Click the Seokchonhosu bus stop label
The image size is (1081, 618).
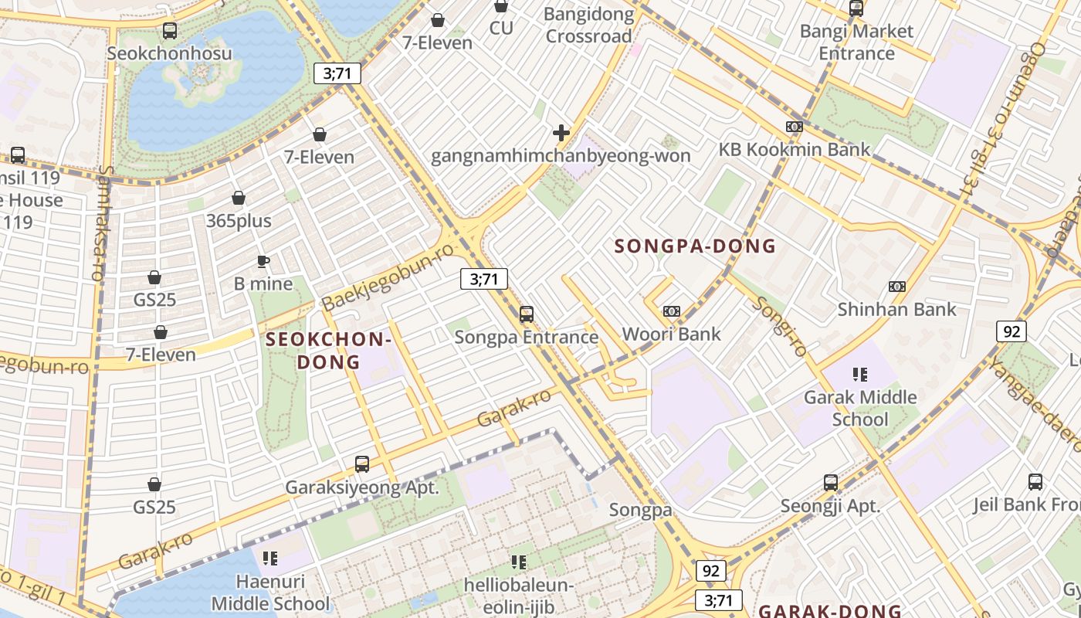point(169,53)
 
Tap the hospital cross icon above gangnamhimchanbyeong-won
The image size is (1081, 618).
point(561,133)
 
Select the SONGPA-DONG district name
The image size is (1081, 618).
point(695,246)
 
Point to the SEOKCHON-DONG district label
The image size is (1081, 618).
point(329,350)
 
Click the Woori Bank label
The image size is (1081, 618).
point(671,334)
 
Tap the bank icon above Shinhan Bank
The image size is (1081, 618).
point(896,287)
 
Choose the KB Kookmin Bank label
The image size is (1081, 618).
point(795,149)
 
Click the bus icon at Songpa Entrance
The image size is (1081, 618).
point(527,314)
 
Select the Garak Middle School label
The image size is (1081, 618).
point(860,408)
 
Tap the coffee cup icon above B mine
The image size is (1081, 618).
point(263,261)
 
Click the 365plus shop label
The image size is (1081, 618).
point(239,221)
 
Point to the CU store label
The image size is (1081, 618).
point(501,28)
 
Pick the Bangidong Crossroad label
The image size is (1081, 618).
point(588,25)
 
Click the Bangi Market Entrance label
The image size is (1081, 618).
point(856,42)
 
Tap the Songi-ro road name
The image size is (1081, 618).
point(781,326)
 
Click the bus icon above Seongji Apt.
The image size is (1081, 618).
point(831,483)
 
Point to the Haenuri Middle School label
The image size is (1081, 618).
point(270,592)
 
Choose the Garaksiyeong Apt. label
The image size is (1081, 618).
point(362,487)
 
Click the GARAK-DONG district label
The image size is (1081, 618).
point(829,610)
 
